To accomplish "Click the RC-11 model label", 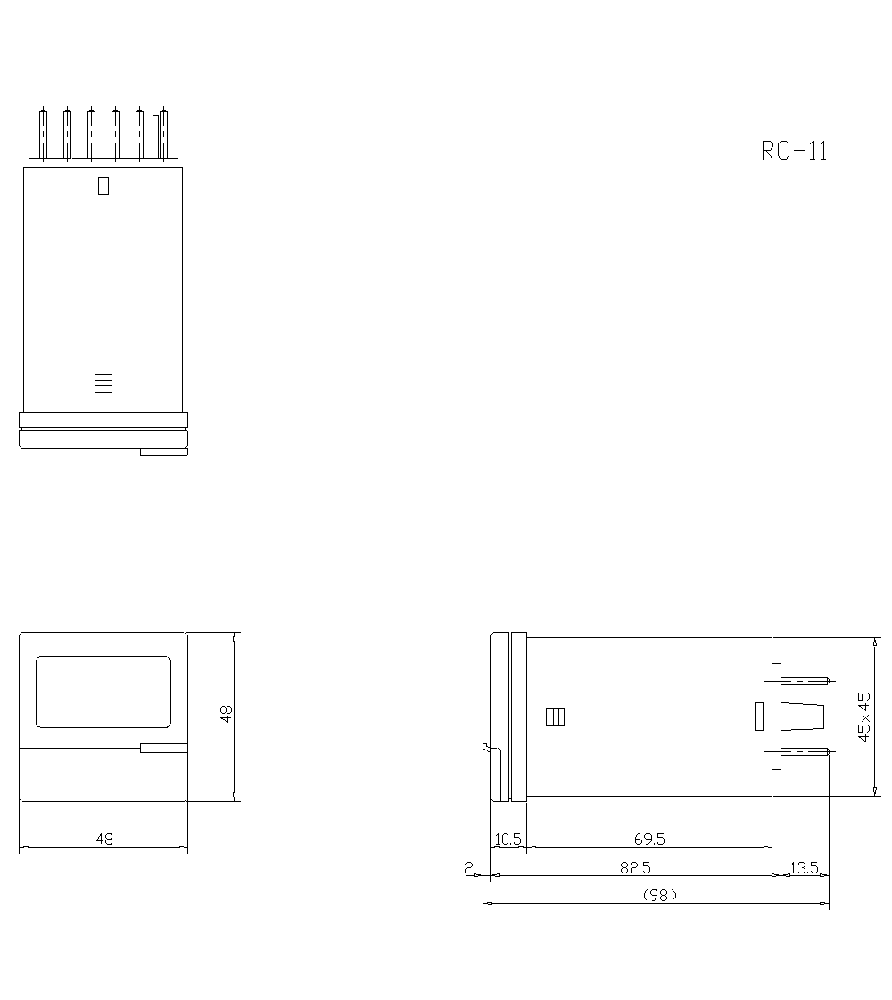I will [x=794, y=151].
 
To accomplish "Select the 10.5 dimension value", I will [x=508, y=839].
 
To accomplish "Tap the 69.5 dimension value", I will [x=649, y=839].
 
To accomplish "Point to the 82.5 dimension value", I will [x=635, y=867].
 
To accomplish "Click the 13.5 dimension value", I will [x=804, y=867].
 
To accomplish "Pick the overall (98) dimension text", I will [x=660, y=895].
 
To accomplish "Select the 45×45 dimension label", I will [x=863, y=716].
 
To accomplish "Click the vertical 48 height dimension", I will [x=227, y=714].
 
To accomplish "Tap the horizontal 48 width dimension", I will [x=103, y=839].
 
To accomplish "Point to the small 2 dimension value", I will [x=468, y=867].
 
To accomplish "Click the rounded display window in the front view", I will [x=103, y=692].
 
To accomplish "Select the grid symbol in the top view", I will [x=103, y=383].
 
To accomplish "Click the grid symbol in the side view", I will [x=555, y=717].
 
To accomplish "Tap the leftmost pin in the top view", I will [x=43, y=134].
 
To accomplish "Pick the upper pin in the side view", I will [x=805, y=681].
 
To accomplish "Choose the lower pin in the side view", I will [x=805, y=752].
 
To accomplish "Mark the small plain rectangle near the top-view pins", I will [x=103, y=185].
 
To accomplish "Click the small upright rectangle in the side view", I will [x=759, y=717].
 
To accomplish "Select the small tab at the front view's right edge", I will [x=164, y=749].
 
